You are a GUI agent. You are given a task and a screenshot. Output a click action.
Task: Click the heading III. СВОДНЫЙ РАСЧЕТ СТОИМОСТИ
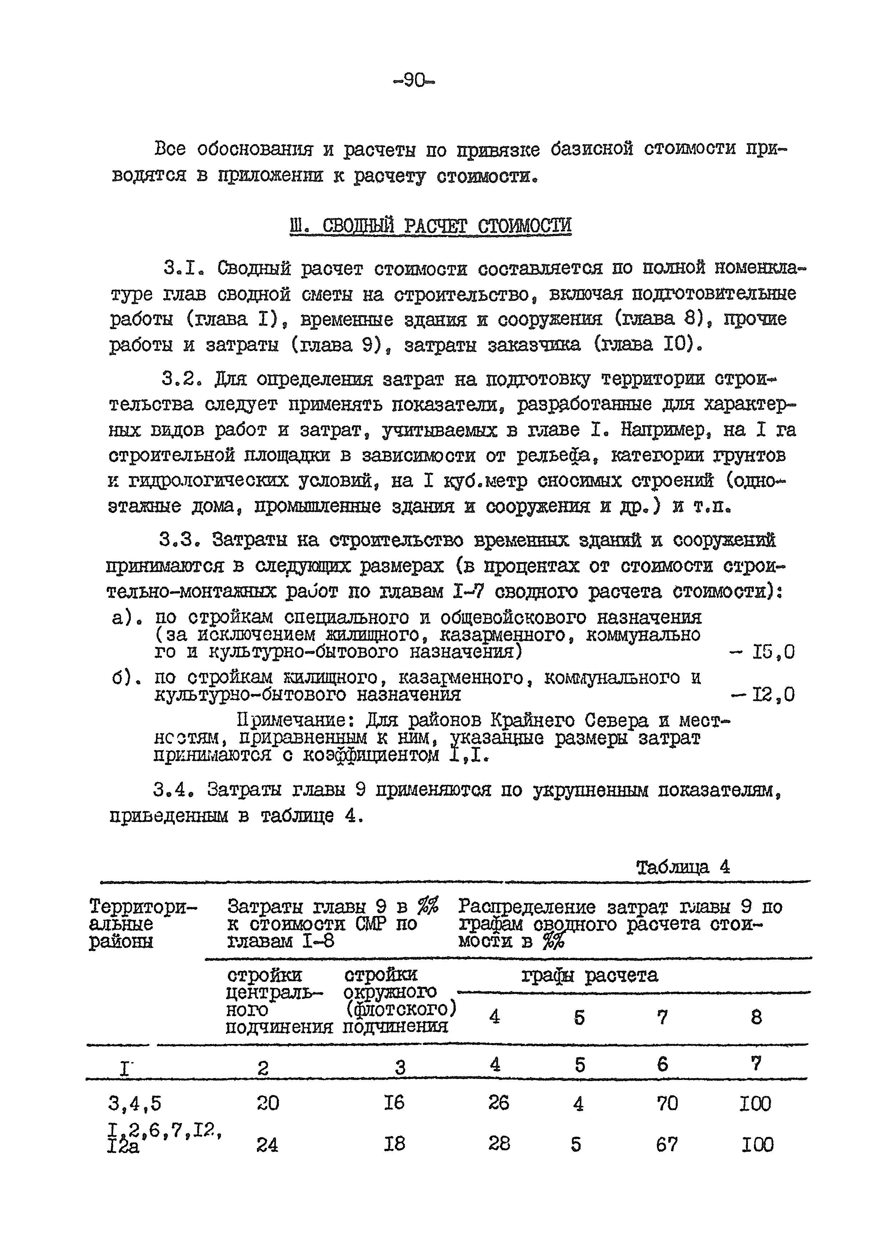430,226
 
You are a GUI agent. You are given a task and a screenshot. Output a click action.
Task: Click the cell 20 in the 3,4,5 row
267,1103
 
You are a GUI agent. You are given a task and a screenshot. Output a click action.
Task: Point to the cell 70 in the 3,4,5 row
666,1103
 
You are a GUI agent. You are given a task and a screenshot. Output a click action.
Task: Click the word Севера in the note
617,721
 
